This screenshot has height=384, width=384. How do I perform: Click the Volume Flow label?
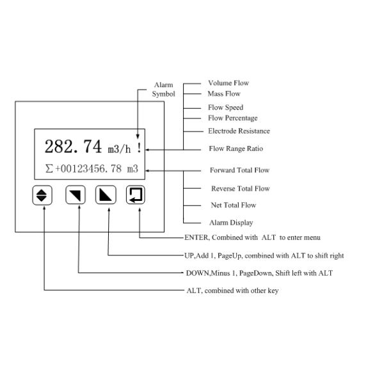pos(228,83)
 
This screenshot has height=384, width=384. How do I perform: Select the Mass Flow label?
pos(224,94)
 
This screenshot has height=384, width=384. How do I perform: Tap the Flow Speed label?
pos(225,108)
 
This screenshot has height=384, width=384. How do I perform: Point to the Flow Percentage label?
pos(232,118)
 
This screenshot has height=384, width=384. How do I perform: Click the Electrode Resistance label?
pos(239,131)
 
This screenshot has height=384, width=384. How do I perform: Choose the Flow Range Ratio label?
pos(236,149)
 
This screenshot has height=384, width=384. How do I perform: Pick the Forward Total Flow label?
pos(239,171)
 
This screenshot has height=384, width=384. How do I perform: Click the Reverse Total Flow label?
pos(240,189)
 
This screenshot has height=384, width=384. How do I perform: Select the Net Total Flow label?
pos(233,205)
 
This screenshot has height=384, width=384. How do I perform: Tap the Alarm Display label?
pos(231,223)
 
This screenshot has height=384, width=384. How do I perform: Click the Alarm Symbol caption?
pos(163,90)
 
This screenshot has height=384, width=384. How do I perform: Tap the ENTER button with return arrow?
pos(135,195)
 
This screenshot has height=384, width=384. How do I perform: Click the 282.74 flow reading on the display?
pos(72,147)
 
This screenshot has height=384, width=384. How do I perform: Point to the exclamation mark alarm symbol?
pos(139,147)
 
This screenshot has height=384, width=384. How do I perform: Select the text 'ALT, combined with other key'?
pos(231,291)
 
